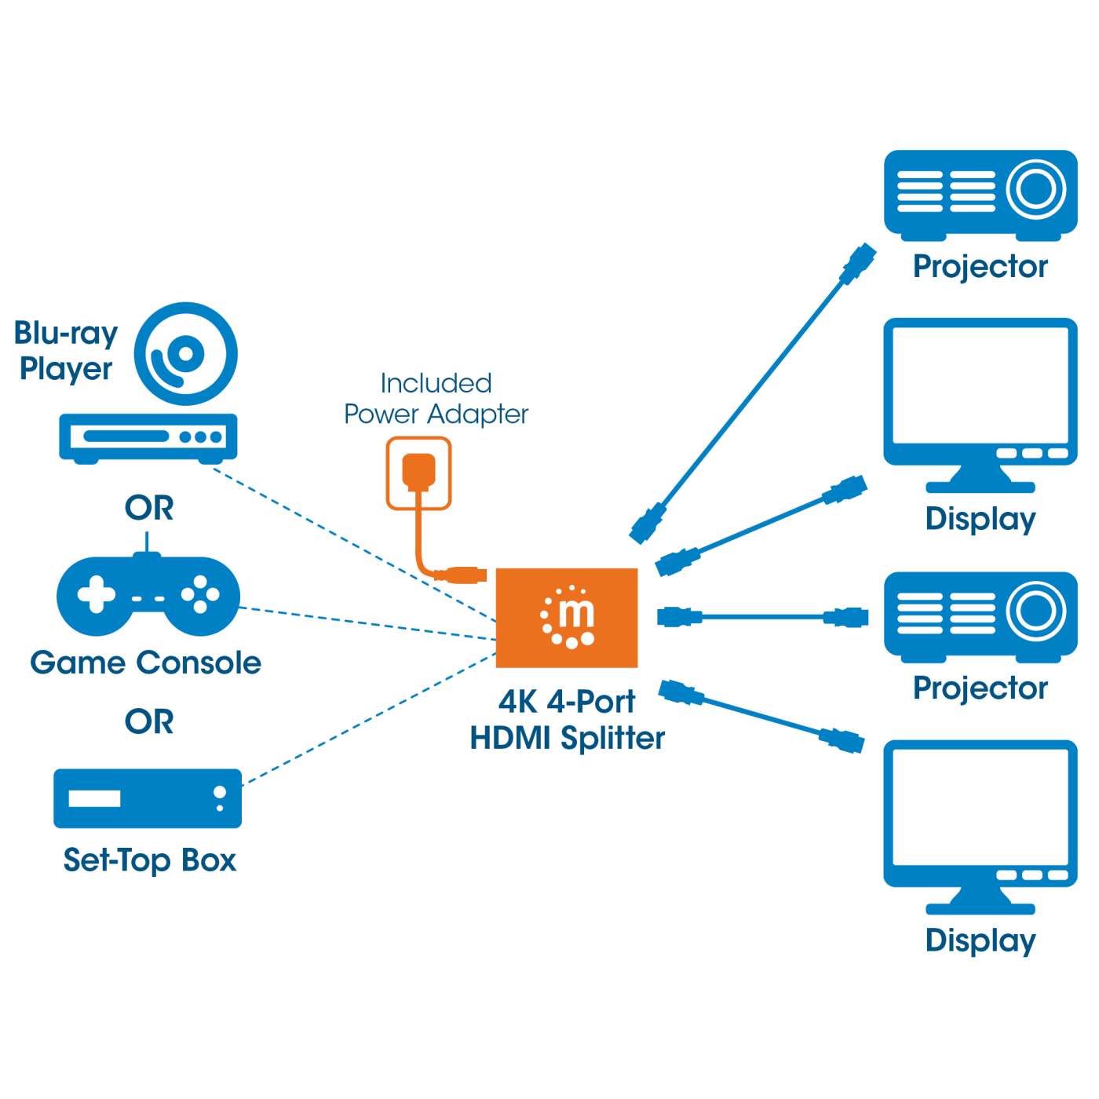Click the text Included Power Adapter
pyautogui.click(x=436, y=399)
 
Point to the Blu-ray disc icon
pyautogui.click(x=185, y=354)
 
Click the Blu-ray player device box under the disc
pyautogui.click(x=148, y=436)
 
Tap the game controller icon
pyautogui.click(x=148, y=596)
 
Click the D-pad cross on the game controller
pyautogui.click(x=96, y=594)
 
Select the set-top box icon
pyautogui.click(x=148, y=798)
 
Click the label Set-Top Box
pyautogui.click(x=149, y=860)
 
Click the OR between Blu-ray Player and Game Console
pyautogui.click(x=149, y=508)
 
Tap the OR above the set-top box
pyautogui.click(x=149, y=721)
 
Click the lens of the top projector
pyautogui.click(x=1035, y=189)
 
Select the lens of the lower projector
pyautogui.click(x=1035, y=611)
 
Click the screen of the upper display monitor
pyautogui.click(x=980, y=386)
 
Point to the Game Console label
pyautogui.click(x=145, y=663)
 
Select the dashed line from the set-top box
pyautogui.click(x=369, y=718)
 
